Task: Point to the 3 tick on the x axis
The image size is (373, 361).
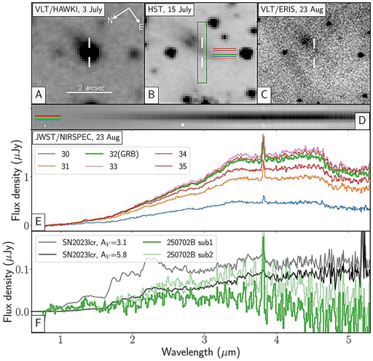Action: (x=204, y=340)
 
